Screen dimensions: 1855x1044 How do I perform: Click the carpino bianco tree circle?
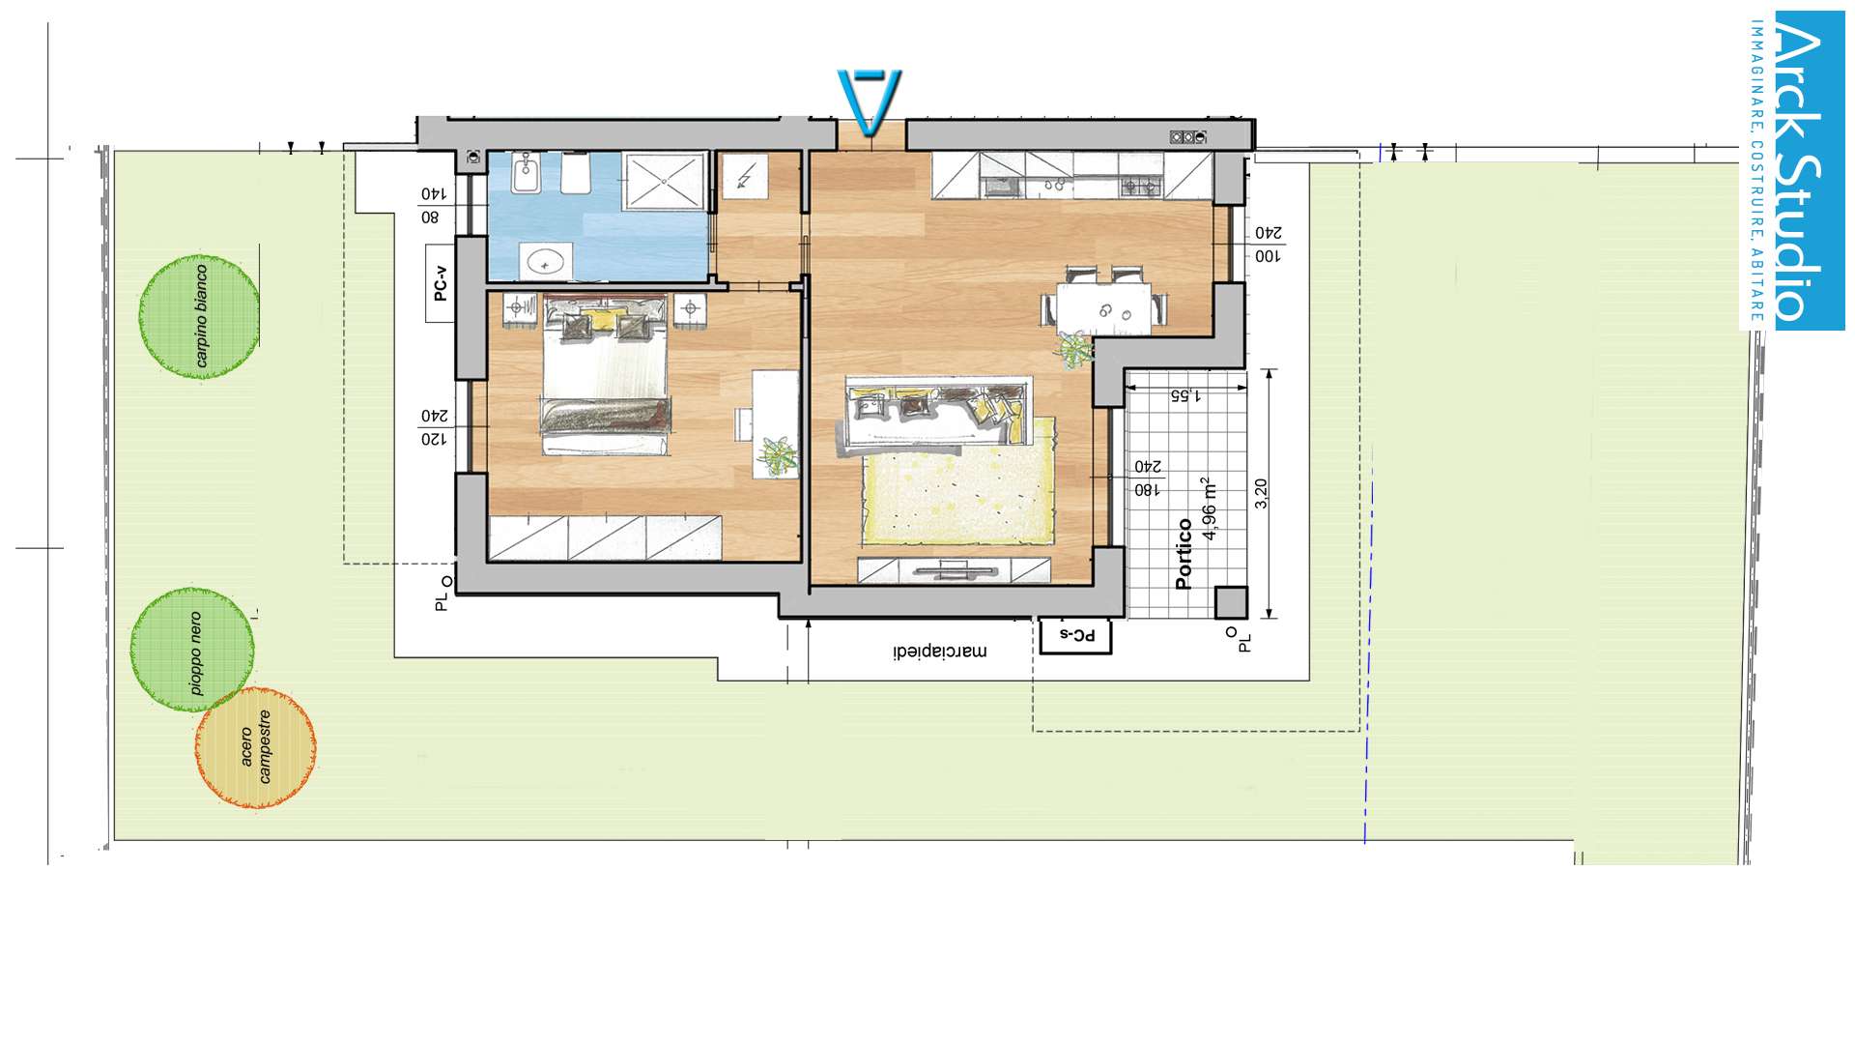pyautogui.click(x=199, y=316)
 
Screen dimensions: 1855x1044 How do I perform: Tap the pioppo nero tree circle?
pyautogui.click(x=193, y=650)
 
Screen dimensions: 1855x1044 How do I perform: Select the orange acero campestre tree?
pyautogui.click(x=256, y=748)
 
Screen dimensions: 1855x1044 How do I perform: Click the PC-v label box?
pyautogui.click(x=441, y=283)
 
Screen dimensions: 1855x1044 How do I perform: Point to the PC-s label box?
pyautogui.click(x=1075, y=636)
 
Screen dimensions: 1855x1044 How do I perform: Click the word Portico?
pyautogui.click(x=1184, y=554)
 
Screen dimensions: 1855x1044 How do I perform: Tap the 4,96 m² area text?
pyautogui.click(x=1209, y=508)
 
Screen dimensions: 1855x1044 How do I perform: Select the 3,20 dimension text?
pyautogui.click(x=1261, y=494)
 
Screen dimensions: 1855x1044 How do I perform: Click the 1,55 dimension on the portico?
pyautogui.click(x=1185, y=395)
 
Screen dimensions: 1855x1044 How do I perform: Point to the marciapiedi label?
pyautogui.click(x=940, y=652)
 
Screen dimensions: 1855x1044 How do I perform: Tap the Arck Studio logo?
pyautogui.click(x=1794, y=171)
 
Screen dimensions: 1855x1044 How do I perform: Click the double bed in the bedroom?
pyautogui.click(x=606, y=377)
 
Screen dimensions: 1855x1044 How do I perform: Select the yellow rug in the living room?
pyautogui.click(x=958, y=480)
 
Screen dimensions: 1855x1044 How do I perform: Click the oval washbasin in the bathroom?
pyautogui.click(x=547, y=261)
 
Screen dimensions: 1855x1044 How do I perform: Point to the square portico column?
pyautogui.click(x=1231, y=602)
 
